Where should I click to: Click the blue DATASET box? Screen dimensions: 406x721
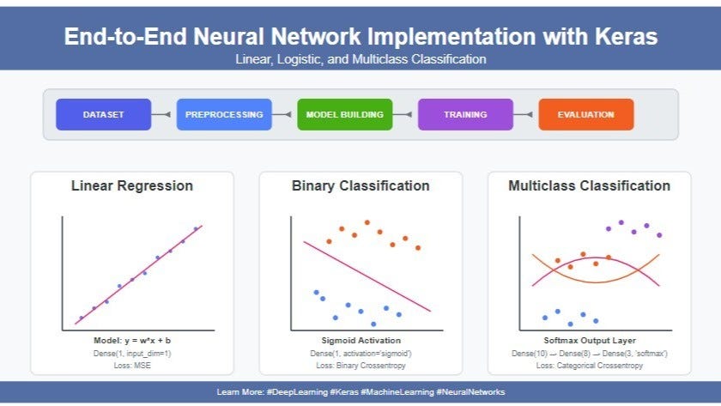pos(103,114)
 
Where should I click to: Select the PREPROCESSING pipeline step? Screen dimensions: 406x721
pos(224,114)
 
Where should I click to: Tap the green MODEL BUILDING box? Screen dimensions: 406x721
pos(344,114)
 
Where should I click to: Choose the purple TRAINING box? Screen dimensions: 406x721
pos(465,114)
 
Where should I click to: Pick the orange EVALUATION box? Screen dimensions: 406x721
pos(585,114)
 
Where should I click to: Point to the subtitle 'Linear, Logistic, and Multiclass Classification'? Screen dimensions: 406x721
pos(360,59)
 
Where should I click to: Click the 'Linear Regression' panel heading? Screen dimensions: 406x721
pos(131,185)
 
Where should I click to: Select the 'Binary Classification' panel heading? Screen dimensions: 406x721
pos(360,185)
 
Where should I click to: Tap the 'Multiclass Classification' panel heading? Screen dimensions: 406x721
pos(589,185)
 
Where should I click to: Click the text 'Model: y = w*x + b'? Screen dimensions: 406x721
pos(131,341)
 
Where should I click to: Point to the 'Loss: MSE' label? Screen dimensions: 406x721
pos(131,365)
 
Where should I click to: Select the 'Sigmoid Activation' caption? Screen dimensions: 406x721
pos(360,341)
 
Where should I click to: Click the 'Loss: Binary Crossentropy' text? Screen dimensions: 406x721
pos(360,365)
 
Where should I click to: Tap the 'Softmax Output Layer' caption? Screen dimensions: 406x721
pos(589,341)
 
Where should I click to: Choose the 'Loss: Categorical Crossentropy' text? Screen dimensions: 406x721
pos(589,365)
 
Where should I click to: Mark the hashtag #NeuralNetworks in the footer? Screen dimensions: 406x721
pos(471,392)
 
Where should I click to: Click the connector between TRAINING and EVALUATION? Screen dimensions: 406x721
pos(525,114)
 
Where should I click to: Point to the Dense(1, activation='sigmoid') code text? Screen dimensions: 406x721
pos(360,353)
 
